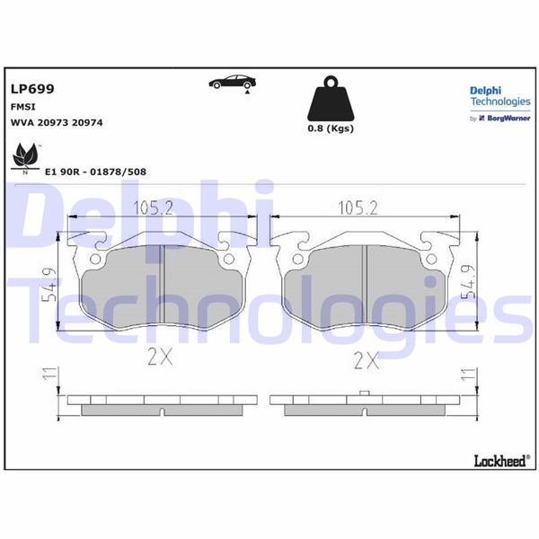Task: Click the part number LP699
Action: click(x=31, y=89)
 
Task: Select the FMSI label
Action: click(x=23, y=106)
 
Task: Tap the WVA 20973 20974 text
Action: click(x=56, y=122)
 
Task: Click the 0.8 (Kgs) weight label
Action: click(x=330, y=128)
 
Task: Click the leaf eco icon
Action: click(x=24, y=158)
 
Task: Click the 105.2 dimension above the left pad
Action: click(x=155, y=209)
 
